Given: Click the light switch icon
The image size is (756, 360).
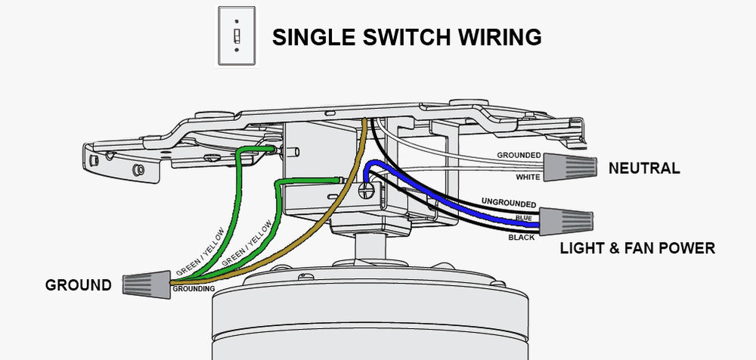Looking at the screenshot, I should [237, 36].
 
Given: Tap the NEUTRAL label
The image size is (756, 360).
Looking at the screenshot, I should [644, 168].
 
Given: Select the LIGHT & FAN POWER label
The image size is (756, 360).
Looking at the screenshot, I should [636, 247].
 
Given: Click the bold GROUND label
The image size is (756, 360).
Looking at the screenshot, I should [78, 285].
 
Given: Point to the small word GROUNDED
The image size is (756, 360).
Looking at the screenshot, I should [519, 156].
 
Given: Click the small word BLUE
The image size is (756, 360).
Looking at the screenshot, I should [524, 219].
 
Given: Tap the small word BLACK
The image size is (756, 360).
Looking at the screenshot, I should [522, 237].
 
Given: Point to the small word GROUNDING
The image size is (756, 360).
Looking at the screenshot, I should [194, 289].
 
